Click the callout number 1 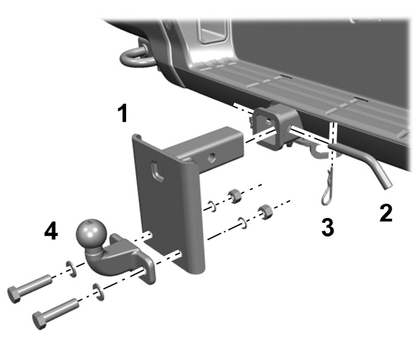123,114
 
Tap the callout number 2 385,212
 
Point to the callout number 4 50,231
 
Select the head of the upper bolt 13,293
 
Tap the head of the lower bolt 40,320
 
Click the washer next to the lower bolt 99,291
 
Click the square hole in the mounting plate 158,171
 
